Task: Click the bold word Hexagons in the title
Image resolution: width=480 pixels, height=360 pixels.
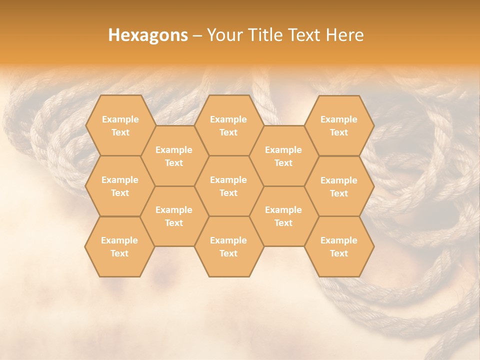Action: point(148,35)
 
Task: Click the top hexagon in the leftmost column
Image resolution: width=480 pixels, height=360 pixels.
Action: point(120,125)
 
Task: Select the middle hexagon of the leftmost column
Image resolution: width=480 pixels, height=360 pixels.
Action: point(120,186)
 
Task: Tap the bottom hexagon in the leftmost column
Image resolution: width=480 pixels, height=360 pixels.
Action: point(119,246)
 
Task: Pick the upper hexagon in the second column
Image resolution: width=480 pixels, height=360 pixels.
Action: point(174,156)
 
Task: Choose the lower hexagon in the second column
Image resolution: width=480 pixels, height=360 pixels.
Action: point(174,216)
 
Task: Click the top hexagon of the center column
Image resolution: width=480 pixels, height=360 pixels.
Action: point(228,125)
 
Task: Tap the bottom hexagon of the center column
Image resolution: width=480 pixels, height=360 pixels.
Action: point(228,246)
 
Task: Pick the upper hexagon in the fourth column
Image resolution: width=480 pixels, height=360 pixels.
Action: point(283,156)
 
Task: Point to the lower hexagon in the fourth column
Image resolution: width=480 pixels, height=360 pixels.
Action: point(283,216)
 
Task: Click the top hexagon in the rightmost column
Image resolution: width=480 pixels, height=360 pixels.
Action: point(339,125)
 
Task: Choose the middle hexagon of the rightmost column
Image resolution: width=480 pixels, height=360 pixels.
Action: point(339,186)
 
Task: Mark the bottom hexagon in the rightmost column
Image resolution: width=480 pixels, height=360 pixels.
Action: point(339,246)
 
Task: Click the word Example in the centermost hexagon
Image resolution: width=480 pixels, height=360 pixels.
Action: point(228,180)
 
